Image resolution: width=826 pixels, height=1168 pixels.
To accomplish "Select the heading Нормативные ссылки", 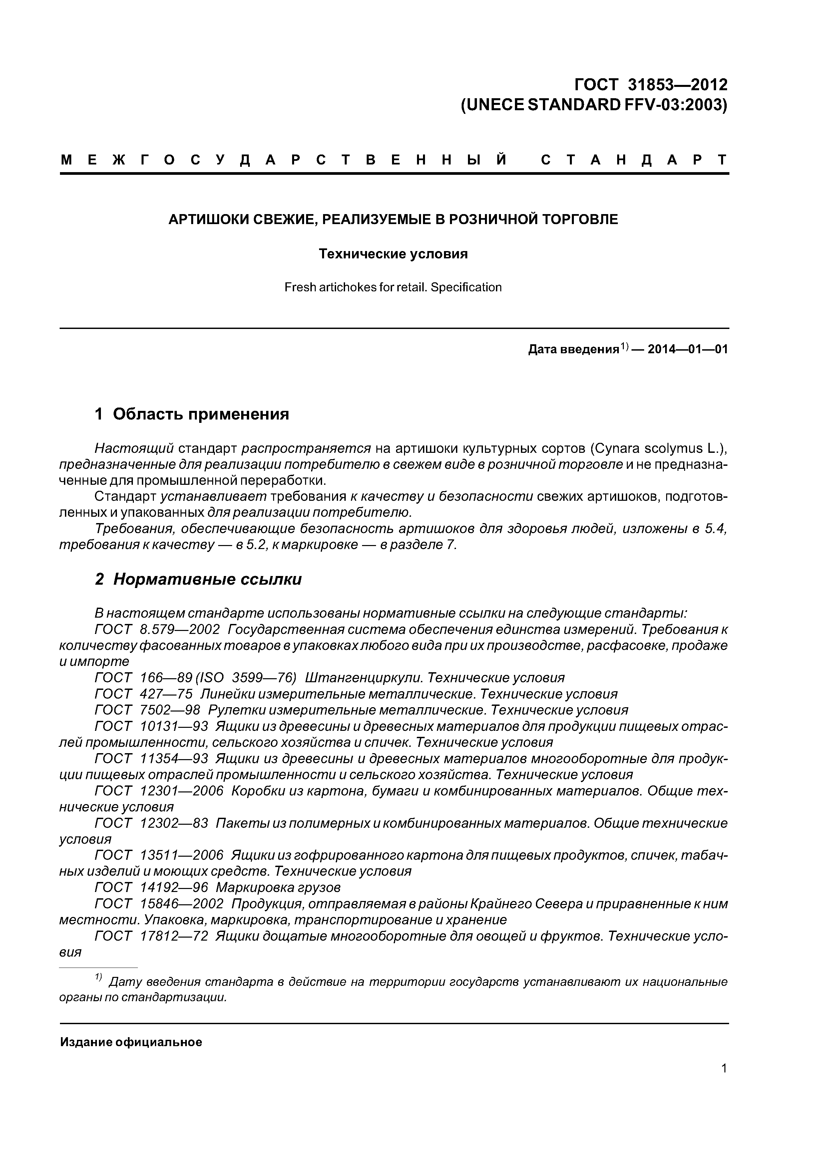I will tap(207, 579).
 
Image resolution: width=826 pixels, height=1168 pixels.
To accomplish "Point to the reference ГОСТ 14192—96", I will tap(151, 887).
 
